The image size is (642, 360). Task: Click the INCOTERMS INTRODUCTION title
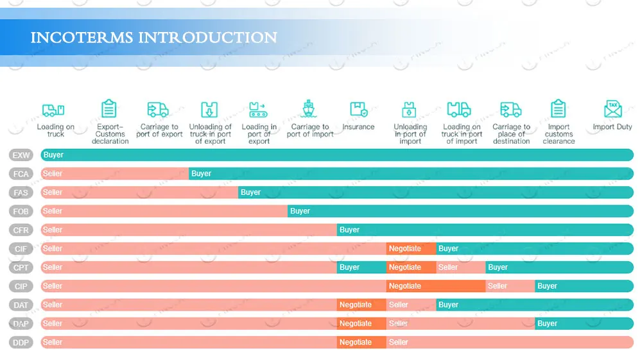pyautogui.click(x=154, y=37)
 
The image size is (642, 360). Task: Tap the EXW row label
pyautogui.click(x=21, y=155)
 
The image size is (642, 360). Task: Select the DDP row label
pyautogui.click(x=21, y=343)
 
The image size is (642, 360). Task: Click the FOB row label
pyautogui.click(x=21, y=211)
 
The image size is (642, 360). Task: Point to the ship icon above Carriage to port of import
pyautogui.click(x=309, y=109)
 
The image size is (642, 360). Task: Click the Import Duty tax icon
pyautogui.click(x=612, y=109)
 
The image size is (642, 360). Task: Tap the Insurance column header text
pyautogui.click(x=358, y=127)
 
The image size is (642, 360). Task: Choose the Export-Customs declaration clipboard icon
pyautogui.click(x=110, y=109)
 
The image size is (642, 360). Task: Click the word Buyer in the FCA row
pyautogui.click(x=201, y=174)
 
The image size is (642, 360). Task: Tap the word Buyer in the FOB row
pyautogui.click(x=300, y=211)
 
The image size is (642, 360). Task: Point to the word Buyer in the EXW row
pyautogui.click(x=53, y=155)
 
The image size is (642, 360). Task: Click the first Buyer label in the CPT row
pyautogui.click(x=349, y=268)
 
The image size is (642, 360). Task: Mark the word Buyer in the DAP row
pyautogui.click(x=547, y=323)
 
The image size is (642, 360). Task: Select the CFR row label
pyautogui.click(x=21, y=230)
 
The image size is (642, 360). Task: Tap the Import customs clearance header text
pyautogui.click(x=559, y=134)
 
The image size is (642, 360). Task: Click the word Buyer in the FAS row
pyautogui.click(x=250, y=193)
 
